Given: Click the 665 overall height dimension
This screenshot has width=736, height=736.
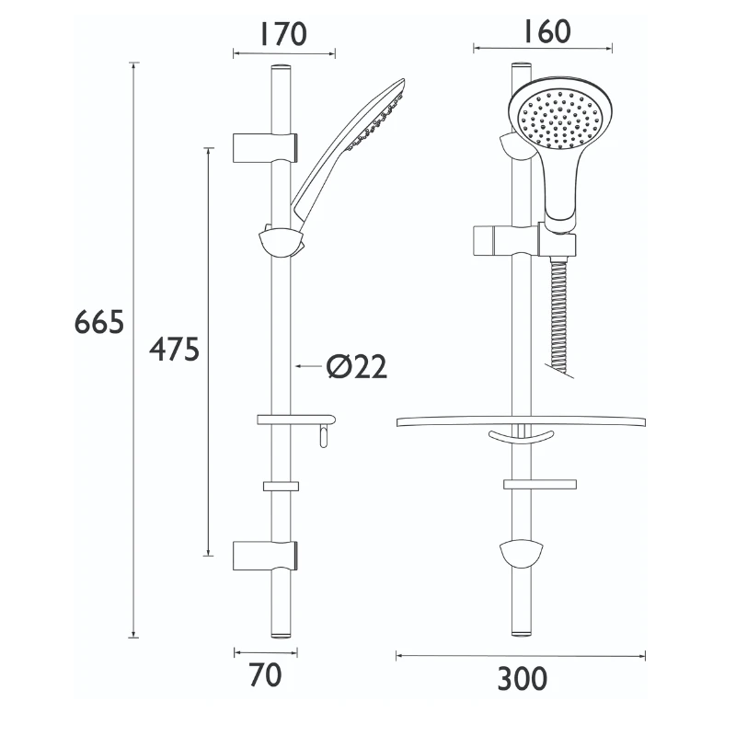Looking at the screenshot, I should click(99, 323).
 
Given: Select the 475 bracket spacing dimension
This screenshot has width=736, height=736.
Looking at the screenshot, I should click(174, 350).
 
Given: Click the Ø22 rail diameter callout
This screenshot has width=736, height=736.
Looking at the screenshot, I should click(356, 366).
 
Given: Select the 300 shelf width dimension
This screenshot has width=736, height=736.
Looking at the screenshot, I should click(522, 679).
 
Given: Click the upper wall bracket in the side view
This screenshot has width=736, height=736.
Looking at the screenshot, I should click(265, 145).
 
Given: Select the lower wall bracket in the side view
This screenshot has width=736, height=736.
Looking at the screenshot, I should click(265, 555).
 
